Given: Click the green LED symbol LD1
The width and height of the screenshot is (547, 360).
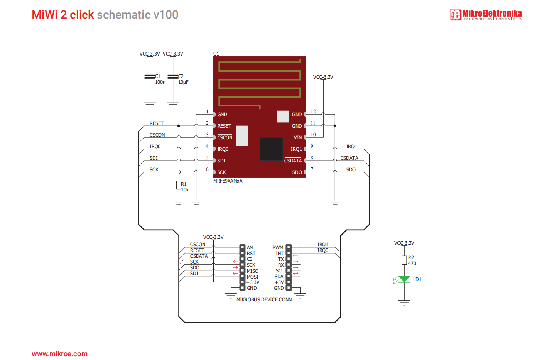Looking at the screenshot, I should coord(404,279).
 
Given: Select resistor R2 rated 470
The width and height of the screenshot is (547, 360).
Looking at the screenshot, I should coord(404,260).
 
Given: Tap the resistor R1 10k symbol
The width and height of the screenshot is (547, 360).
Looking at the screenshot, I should coord(179,185).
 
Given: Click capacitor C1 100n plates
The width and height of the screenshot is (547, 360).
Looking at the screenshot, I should coord(150,77).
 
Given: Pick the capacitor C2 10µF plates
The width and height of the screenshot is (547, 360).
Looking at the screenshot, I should coord(173,77).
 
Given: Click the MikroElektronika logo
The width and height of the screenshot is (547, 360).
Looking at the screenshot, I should coord(486,15).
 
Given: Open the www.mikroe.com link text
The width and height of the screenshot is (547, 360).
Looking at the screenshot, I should coord(59,354).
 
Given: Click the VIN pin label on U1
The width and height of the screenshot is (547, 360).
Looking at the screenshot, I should coord(297,138).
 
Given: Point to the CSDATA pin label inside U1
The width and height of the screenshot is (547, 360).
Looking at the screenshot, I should coord(293,161).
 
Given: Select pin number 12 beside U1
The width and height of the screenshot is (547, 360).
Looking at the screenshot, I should coord(313,112).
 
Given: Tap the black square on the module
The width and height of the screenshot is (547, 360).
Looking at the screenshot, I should coord(271,149).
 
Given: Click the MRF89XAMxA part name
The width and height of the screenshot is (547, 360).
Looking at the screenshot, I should coord(228,181).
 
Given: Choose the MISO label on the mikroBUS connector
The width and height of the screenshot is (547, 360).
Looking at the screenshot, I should coord(252,271).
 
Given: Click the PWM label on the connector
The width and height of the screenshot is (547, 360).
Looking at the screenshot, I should coord(278,248).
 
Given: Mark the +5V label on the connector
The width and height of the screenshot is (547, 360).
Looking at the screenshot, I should coord(279,282).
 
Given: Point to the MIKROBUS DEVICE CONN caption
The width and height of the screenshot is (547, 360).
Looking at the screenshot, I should coord(264,300).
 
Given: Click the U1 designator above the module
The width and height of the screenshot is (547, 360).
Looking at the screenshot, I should coord(216,54).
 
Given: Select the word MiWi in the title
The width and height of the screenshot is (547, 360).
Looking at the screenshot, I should coord(44,15).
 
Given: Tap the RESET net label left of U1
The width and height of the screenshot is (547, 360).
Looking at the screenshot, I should coord(157,123).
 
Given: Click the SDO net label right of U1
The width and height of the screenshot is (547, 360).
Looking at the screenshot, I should coord(351,170).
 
